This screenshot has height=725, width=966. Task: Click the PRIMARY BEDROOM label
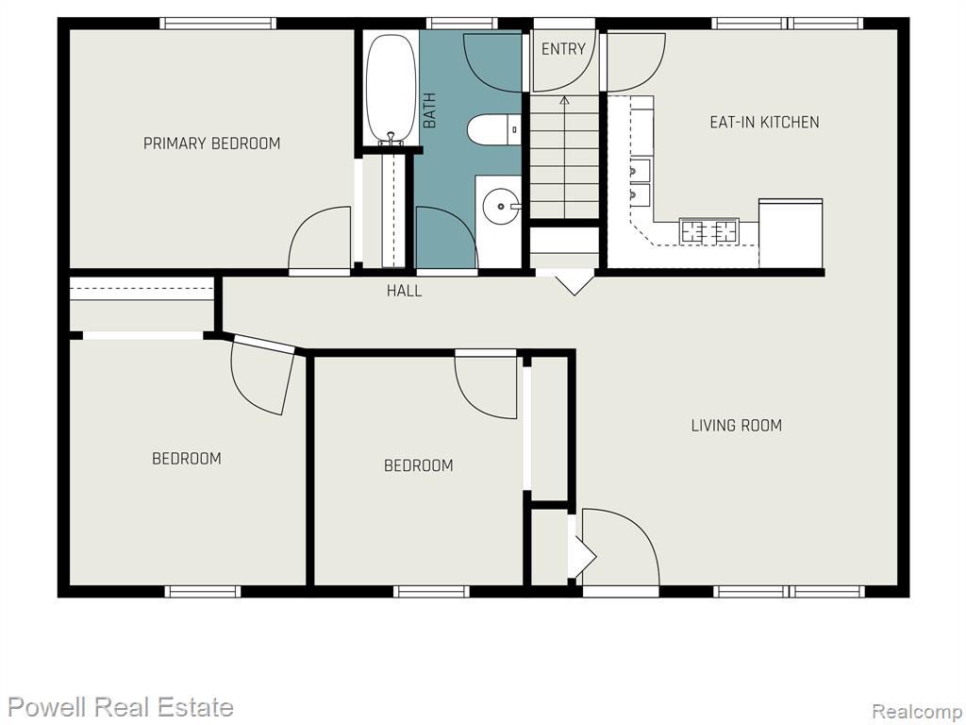coord(212,143)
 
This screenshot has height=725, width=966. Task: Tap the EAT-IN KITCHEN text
coord(764,122)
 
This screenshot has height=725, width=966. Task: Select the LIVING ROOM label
coord(736,425)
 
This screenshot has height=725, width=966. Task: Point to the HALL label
coord(404,291)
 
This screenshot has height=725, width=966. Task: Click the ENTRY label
coord(563,49)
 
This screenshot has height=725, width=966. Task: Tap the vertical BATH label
coord(429,110)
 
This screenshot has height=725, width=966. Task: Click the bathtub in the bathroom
coord(391,89)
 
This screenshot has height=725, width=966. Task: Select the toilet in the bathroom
coord(493,129)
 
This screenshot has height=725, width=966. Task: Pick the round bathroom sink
coord(502,207)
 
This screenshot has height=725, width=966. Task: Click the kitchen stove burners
coord(708,231)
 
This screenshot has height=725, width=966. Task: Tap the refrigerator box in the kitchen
coord(791,233)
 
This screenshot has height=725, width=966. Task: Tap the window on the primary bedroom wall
coord(218,24)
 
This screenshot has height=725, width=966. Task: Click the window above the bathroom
coord(461,24)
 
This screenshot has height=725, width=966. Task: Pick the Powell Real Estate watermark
coord(121,706)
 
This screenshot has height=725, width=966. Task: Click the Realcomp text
coord(916,711)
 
